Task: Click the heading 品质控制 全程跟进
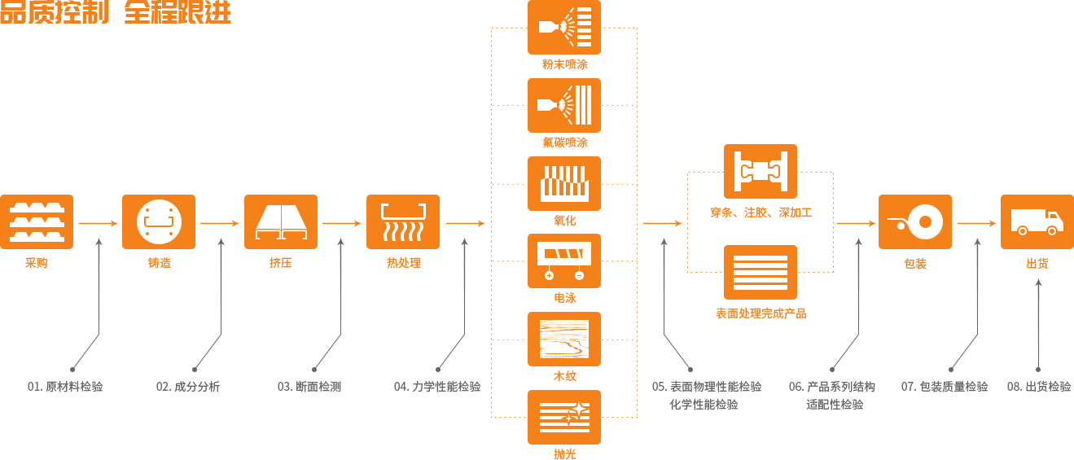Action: (116, 12)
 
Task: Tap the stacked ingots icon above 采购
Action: (37, 221)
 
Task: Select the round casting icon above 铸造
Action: (159, 221)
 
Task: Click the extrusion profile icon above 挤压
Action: (281, 221)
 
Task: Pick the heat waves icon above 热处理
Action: (403, 221)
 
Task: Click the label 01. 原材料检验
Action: (65, 387)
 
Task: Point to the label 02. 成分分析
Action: (188, 387)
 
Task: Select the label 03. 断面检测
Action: (309, 387)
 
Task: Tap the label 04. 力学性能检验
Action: (437, 387)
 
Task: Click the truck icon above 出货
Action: (1037, 221)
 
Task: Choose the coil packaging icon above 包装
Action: (914, 221)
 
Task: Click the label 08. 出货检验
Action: (1039, 387)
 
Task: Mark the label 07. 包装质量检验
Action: (945, 387)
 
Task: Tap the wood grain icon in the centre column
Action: (564, 340)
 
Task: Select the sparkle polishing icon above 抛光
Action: (564, 416)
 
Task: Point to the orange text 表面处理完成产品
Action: (761, 313)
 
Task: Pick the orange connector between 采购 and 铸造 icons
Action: (98, 223)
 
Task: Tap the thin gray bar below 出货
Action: (1038, 325)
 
